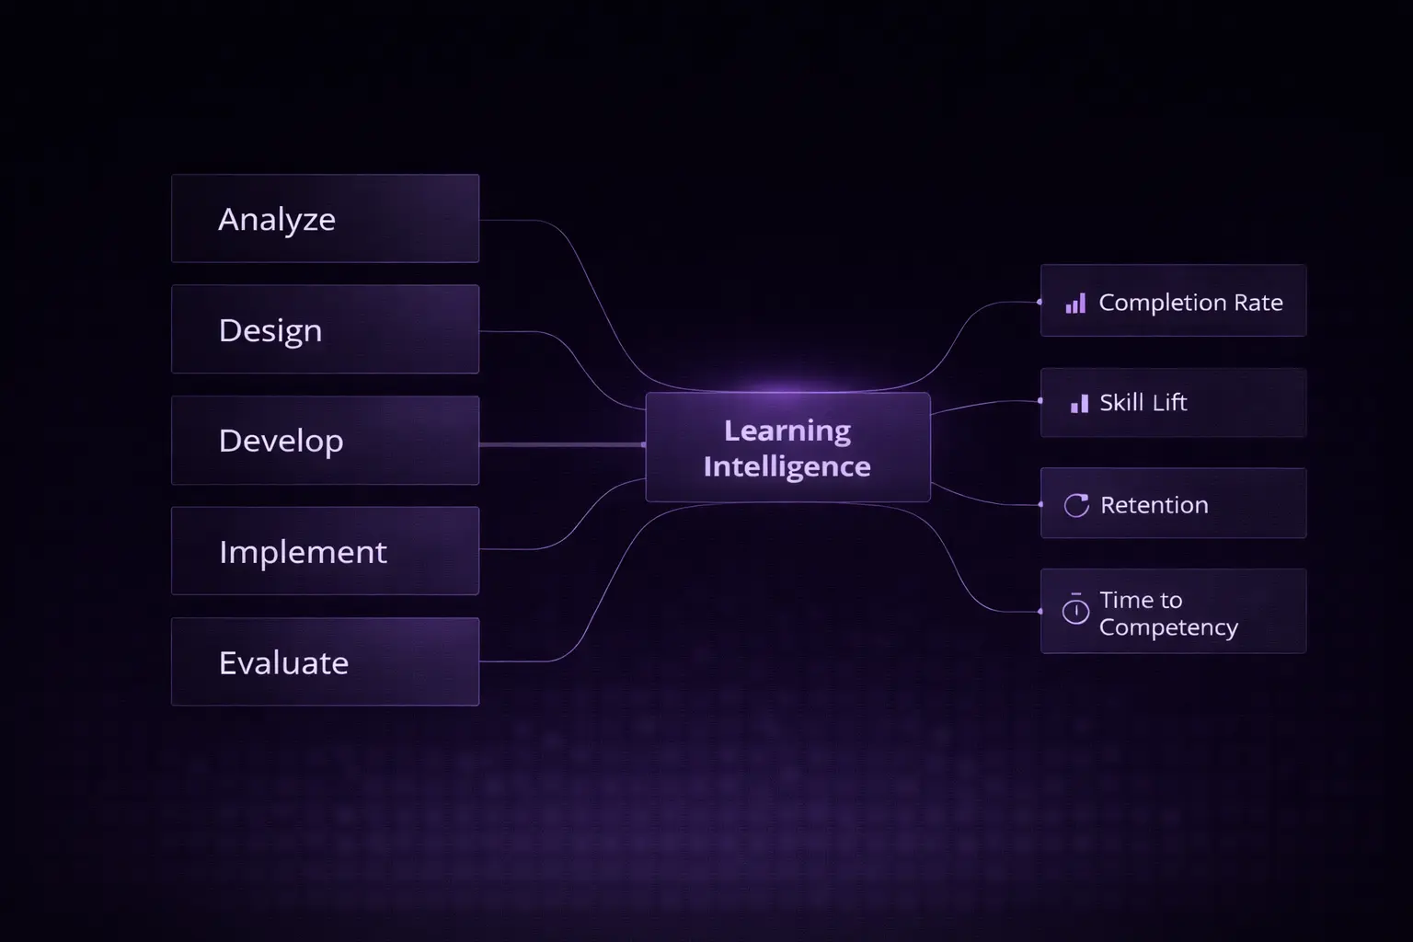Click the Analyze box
pyautogui.click(x=325, y=219)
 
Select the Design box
pyautogui.click(x=325, y=329)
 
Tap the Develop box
pyautogui.click(x=325, y=441)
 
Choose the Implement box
pyautogui.click(x=325, y=551)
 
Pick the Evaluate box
pyautogui.click(x=325, y=662)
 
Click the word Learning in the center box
pyautogui.click(x=787, y=431)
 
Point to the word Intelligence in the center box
pyautogui.click(x=787, y=466)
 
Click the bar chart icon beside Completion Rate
pyautogui.click(x=1075, y=304)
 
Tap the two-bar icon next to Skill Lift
pyautogui.click(x=1079, y=403)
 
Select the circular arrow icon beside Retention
pyautogui.click(x=1076, y=505)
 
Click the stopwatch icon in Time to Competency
pyautogui.click(x=1075, y=610)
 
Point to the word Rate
pyautogui.click(x=1258, y=303)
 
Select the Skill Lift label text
pyautogui.click(x=1143, y=403)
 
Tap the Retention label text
pyautogui.click(x=1155, y=505)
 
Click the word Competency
pyautogui.click(x=1168, y=627)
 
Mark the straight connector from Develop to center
pyautogui.click(x=561, y=444)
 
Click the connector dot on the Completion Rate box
pyautogui.click(x=1040, y=302)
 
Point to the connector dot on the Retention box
pyautogui.click(x=1040, y=504)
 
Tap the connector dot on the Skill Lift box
pyautogui.click(x=1040, y=401)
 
